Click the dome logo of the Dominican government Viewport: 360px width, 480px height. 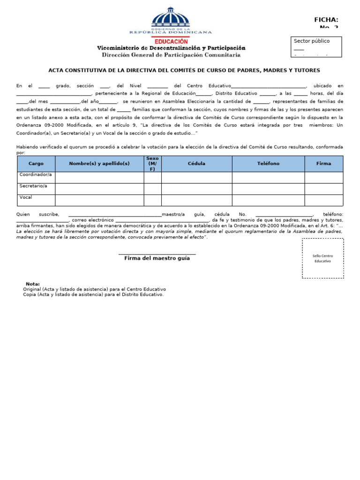(x=170, y=18)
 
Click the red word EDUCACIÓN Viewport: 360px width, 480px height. (x=171, y=42)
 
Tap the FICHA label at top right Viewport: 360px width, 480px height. (x=326, y=20)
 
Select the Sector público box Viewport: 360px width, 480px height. (x=316, y=46)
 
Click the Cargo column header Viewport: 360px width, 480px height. (x=36, y=164)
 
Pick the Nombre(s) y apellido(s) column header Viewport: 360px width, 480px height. (x=99, y=164)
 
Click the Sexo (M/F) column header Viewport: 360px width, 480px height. (x=152, y=164)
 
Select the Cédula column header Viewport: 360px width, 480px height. (x=196, y=164)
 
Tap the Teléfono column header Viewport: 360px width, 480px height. (x=268, y=164)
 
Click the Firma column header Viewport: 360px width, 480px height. (x=323, y=164)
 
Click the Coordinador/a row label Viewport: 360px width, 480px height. (x=36, y=175)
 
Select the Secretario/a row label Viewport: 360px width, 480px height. (x=34, y=186)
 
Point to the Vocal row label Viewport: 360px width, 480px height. (x=26, y=197)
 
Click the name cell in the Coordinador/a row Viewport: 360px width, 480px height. (x=99, y=177)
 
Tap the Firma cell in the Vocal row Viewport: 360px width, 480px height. (x=323, y=200)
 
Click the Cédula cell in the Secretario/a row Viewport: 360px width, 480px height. (x=196, y=188)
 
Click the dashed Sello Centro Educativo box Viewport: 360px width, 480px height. (x=322, y=258)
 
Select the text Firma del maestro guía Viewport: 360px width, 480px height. (x=157, y=258)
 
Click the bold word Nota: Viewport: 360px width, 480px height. (x=33, y=284)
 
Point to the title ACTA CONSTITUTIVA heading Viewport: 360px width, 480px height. (x=184, y=70)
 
